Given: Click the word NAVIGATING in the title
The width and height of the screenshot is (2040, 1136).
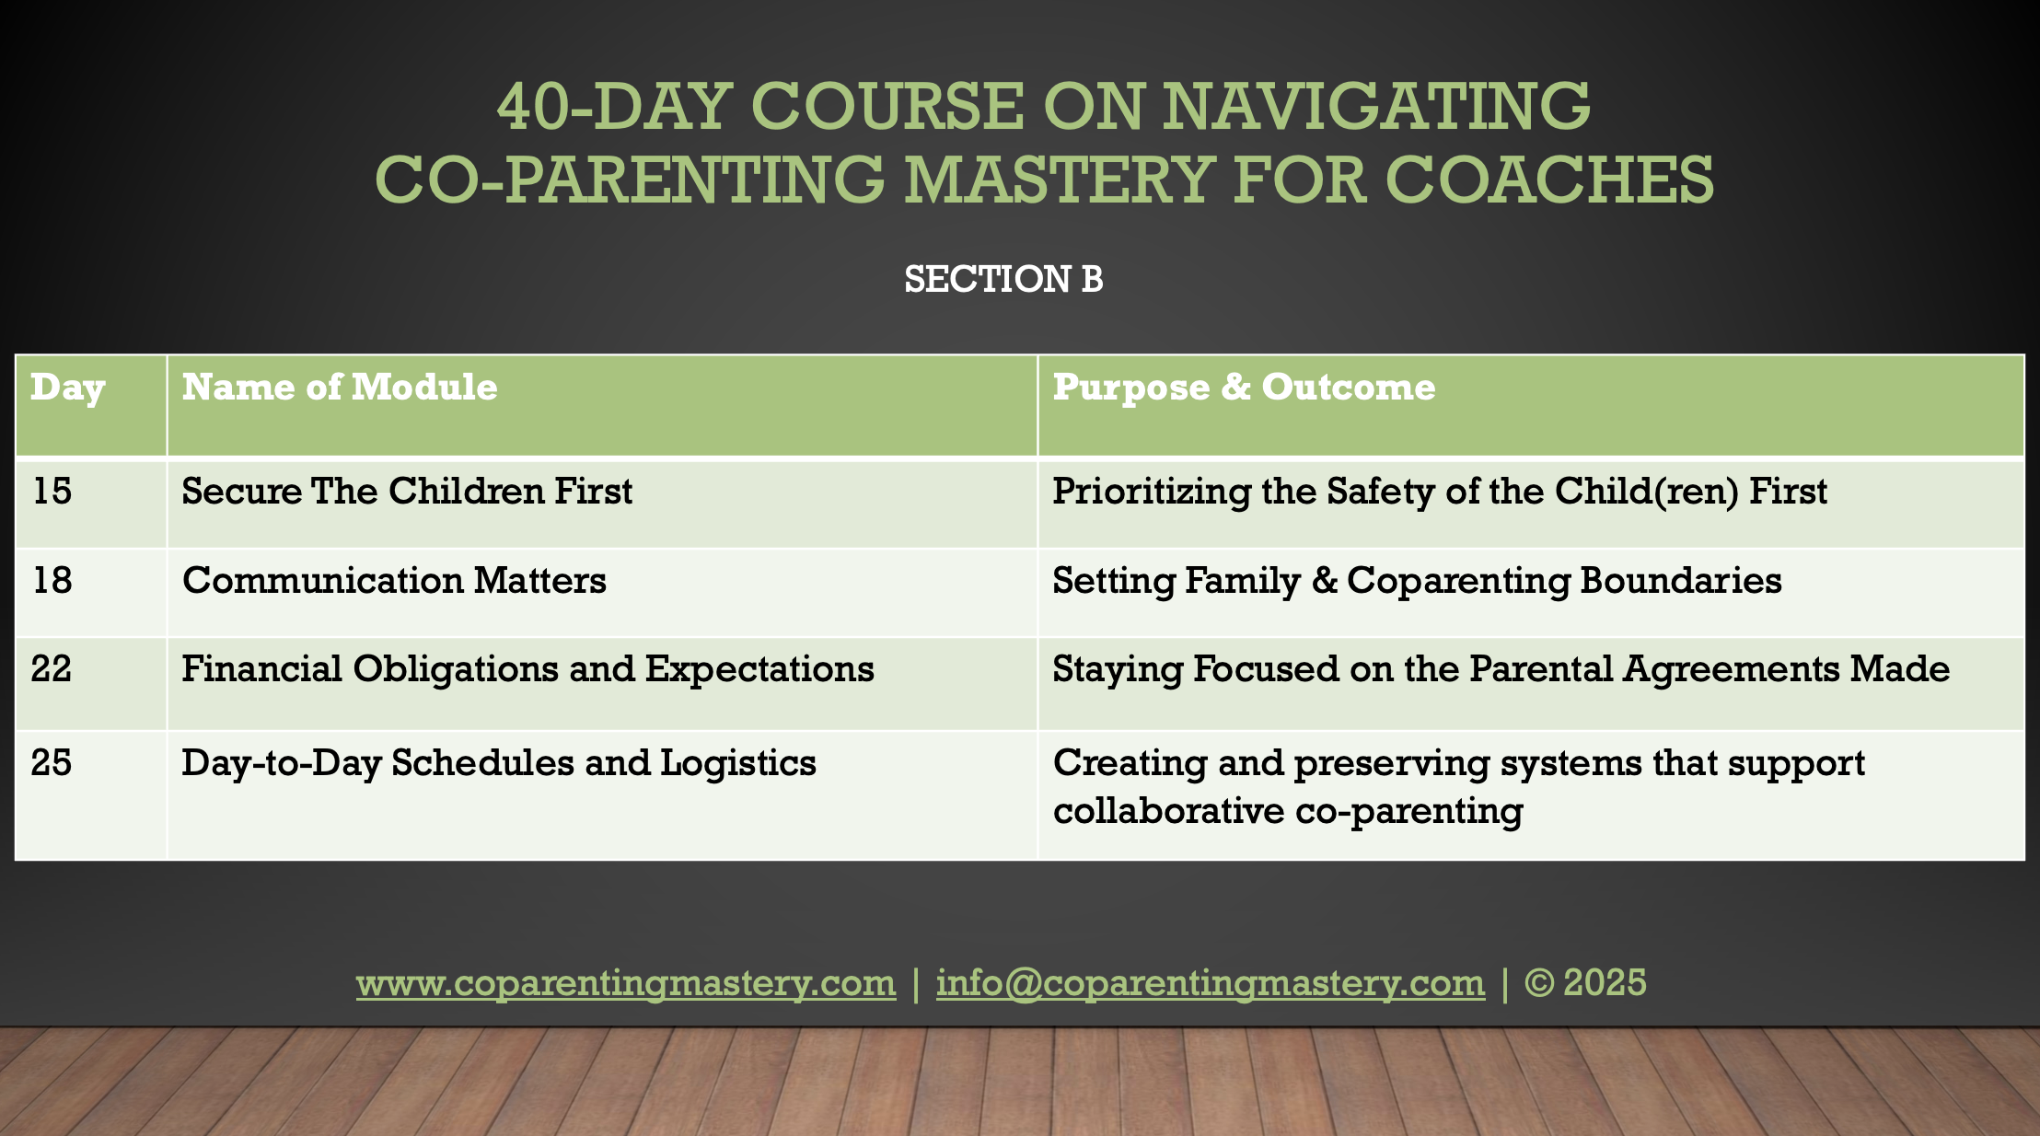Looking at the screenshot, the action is click(1376, 106).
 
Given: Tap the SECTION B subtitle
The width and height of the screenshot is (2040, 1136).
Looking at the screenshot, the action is click(1003, 279).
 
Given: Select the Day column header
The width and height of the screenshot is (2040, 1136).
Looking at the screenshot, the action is click(68, 388).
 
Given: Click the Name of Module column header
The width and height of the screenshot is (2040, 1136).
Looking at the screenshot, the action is click(340, 387).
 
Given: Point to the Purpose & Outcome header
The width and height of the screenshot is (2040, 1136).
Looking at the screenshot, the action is click(1244, 388).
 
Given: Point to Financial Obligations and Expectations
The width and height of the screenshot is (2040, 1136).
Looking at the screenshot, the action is click(527, 669).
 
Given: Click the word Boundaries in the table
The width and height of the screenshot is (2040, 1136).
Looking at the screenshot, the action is click(1681, 580).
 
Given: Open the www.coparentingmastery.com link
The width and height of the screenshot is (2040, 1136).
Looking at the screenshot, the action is click(626, 983).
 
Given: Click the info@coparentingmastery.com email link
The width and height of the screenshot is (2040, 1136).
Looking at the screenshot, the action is click(1211, 983).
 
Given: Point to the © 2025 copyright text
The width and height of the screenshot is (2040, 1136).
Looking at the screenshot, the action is click(1585, 982).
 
